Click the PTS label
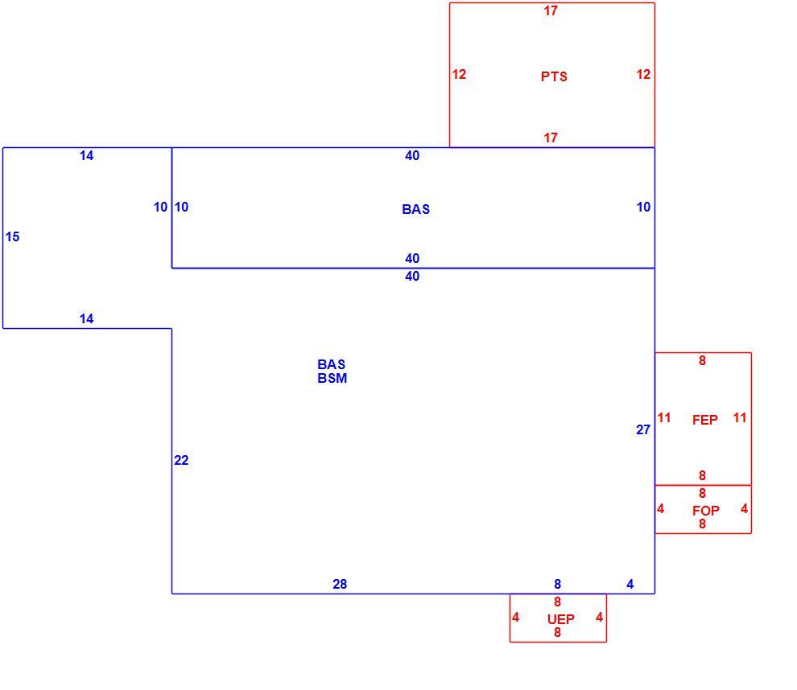[554, 76]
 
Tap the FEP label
[704, 420]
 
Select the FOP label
[705, 511]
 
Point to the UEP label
[560, 619]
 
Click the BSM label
[332, 378]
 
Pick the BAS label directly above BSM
[332, 364]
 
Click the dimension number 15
[12, 236]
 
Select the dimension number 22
[181, 460]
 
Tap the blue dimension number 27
[643, 430]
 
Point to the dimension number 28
[340, 584]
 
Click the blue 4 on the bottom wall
[630, 584]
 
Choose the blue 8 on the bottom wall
[558, 584]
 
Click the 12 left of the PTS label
[459, 74]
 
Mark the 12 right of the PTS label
[643, 74]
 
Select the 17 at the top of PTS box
[551, 10]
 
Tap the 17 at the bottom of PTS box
[551, 138]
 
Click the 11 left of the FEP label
[664, 418]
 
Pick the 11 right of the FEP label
[740, 418]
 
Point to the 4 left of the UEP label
[516, 617]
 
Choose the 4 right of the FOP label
[744, 508]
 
